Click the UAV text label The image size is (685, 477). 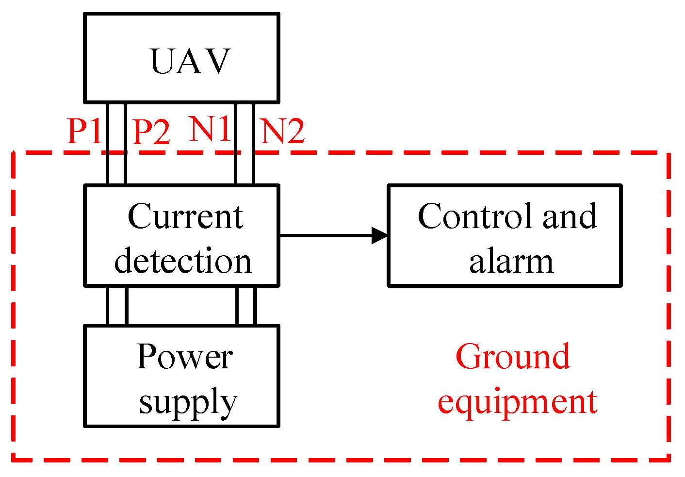190,62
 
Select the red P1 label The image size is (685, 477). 84,131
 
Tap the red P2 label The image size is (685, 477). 151,132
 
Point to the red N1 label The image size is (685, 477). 210,130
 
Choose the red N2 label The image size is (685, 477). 283,131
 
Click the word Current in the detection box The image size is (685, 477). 185,216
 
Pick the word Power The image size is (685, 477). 184,357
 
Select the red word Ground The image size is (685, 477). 513,357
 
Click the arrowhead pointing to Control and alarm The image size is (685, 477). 380,235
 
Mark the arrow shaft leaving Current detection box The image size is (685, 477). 325,235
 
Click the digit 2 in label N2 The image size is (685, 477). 295,131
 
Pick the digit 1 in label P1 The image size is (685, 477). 95,131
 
